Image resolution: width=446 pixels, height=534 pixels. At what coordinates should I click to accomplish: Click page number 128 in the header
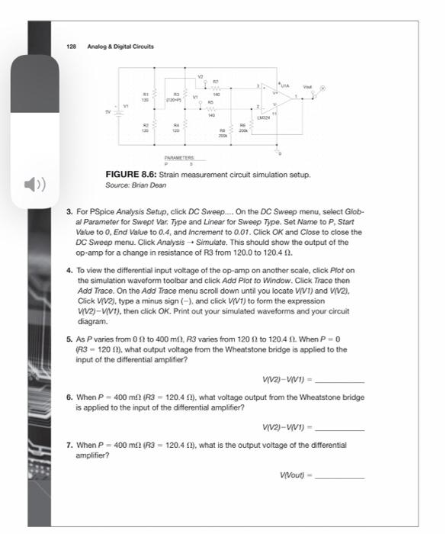pyautogui.click(x=70, y=46)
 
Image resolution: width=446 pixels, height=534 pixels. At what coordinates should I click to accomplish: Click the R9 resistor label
pyautogui.click(x=222, y=130)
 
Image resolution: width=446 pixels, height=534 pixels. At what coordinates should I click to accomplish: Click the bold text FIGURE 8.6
pyautogui.click(x=131, y=175)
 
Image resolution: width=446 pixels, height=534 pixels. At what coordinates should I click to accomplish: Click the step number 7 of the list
pyautogui.click(x=69, y=444)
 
